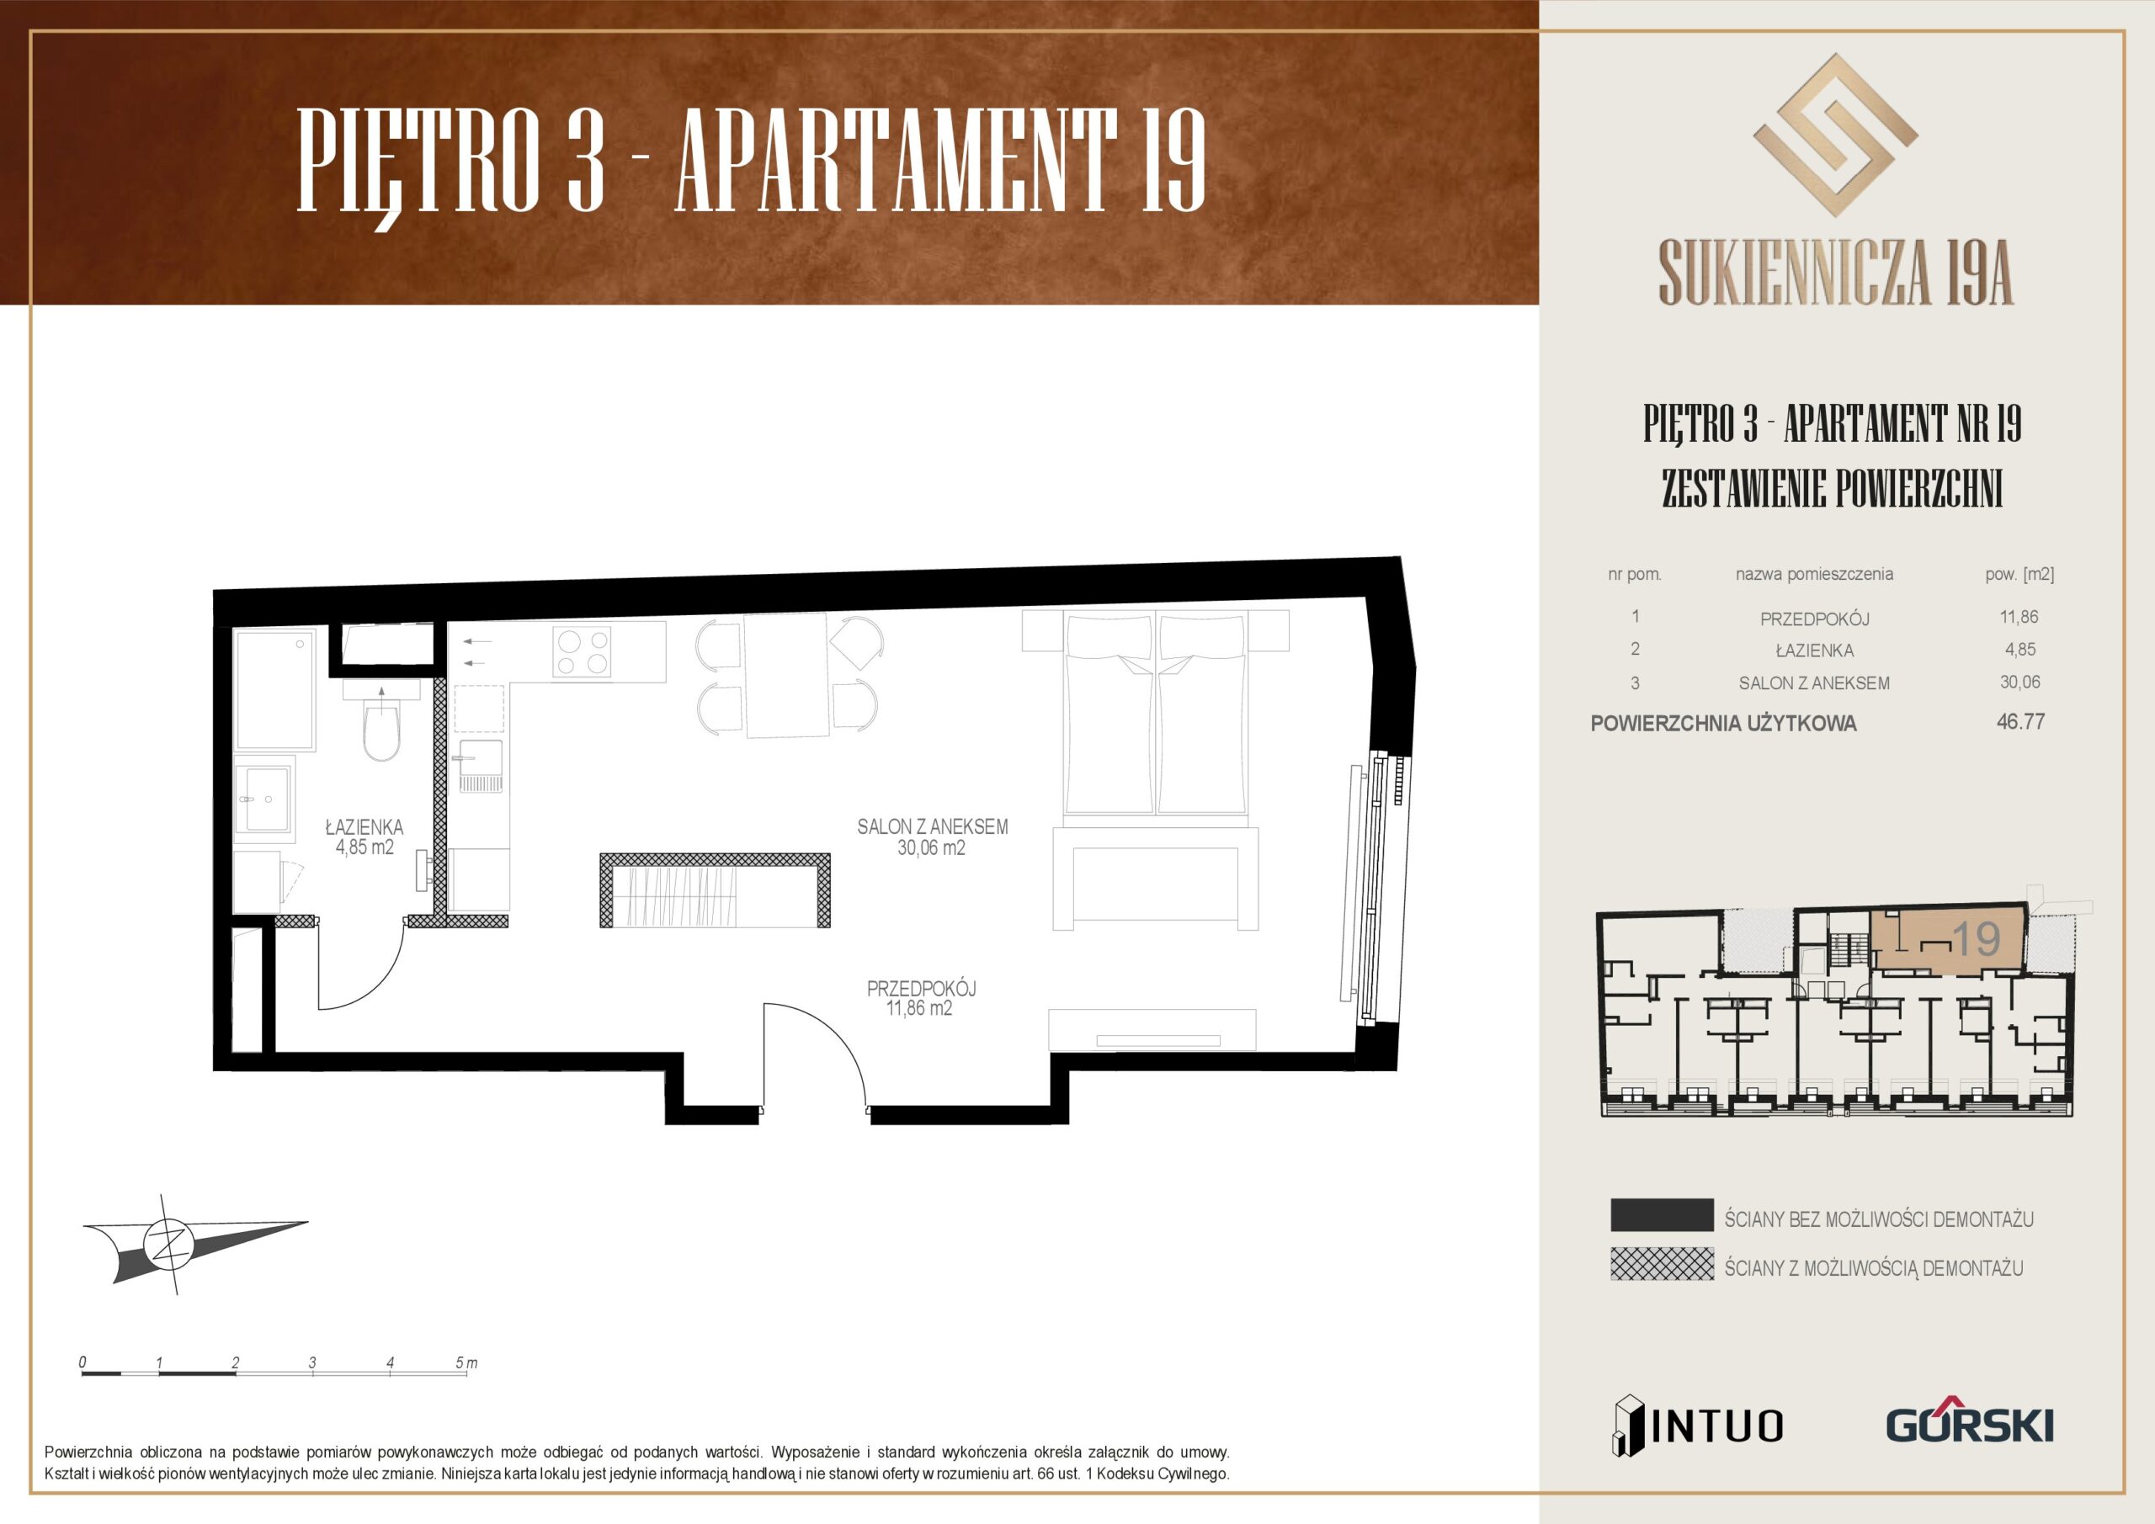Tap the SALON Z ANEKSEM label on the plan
click(932, 826)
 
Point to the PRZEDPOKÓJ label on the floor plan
click(921, 988)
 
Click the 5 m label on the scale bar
click(466, 1362)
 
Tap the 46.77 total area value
click(2021, 722)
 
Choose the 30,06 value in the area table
click(2019, 682)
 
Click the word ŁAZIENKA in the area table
click(1814, 650)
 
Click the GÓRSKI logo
click(1970, 1424)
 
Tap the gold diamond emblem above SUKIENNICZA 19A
click(1835, 135)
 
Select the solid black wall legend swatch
click(1663, 1214)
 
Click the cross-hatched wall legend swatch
click(1663, 1264)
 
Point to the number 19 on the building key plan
click(1976, 938)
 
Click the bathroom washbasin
click(268, 799)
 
